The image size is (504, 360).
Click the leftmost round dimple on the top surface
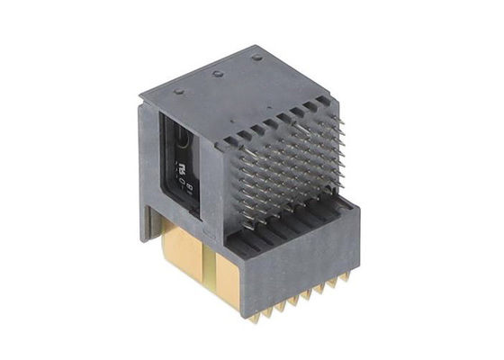178,91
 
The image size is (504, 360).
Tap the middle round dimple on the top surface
218,74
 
